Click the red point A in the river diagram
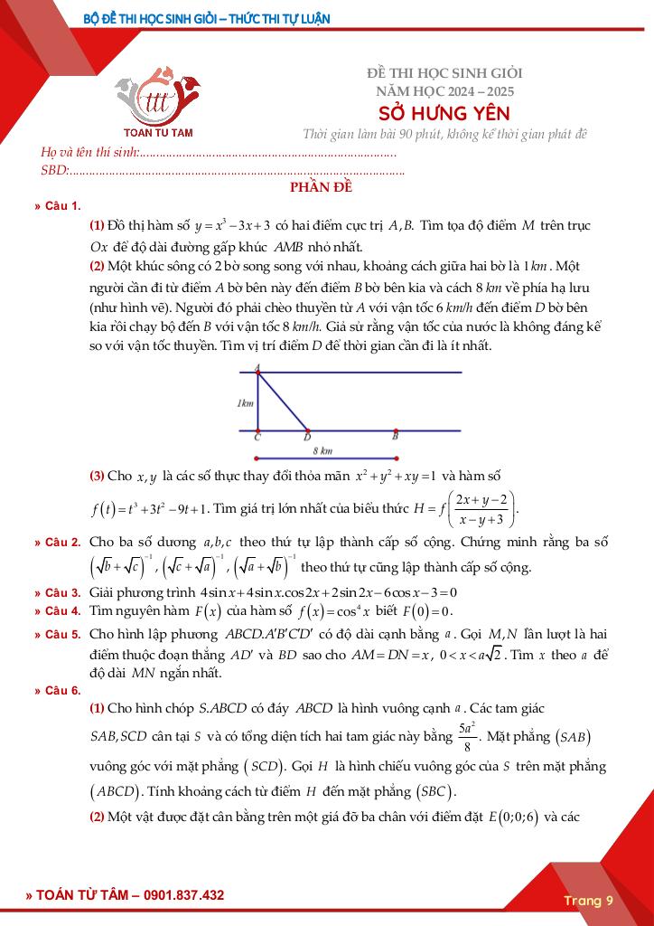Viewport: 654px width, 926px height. point(258,370)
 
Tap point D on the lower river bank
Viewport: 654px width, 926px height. point(307,430)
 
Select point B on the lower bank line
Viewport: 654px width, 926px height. point(395,430)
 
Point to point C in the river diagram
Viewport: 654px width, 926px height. point(258,430)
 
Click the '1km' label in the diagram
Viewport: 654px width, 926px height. point(245,403)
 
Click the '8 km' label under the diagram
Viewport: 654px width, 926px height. point(322,449)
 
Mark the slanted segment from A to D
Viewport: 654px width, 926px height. point(283,401)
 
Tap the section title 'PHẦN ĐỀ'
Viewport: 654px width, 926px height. point(320,188)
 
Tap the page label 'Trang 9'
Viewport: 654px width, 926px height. point(588,900)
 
